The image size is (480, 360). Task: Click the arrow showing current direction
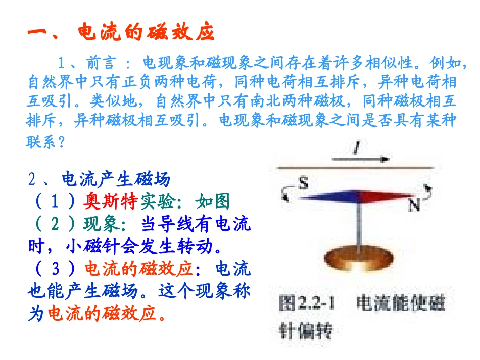pos(361,159)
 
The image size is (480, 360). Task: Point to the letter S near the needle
pos(303,183)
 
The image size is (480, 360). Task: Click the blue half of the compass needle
pos(328,196)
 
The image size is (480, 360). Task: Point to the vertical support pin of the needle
pos(358,225)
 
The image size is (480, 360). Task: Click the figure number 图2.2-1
pos(309,304)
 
